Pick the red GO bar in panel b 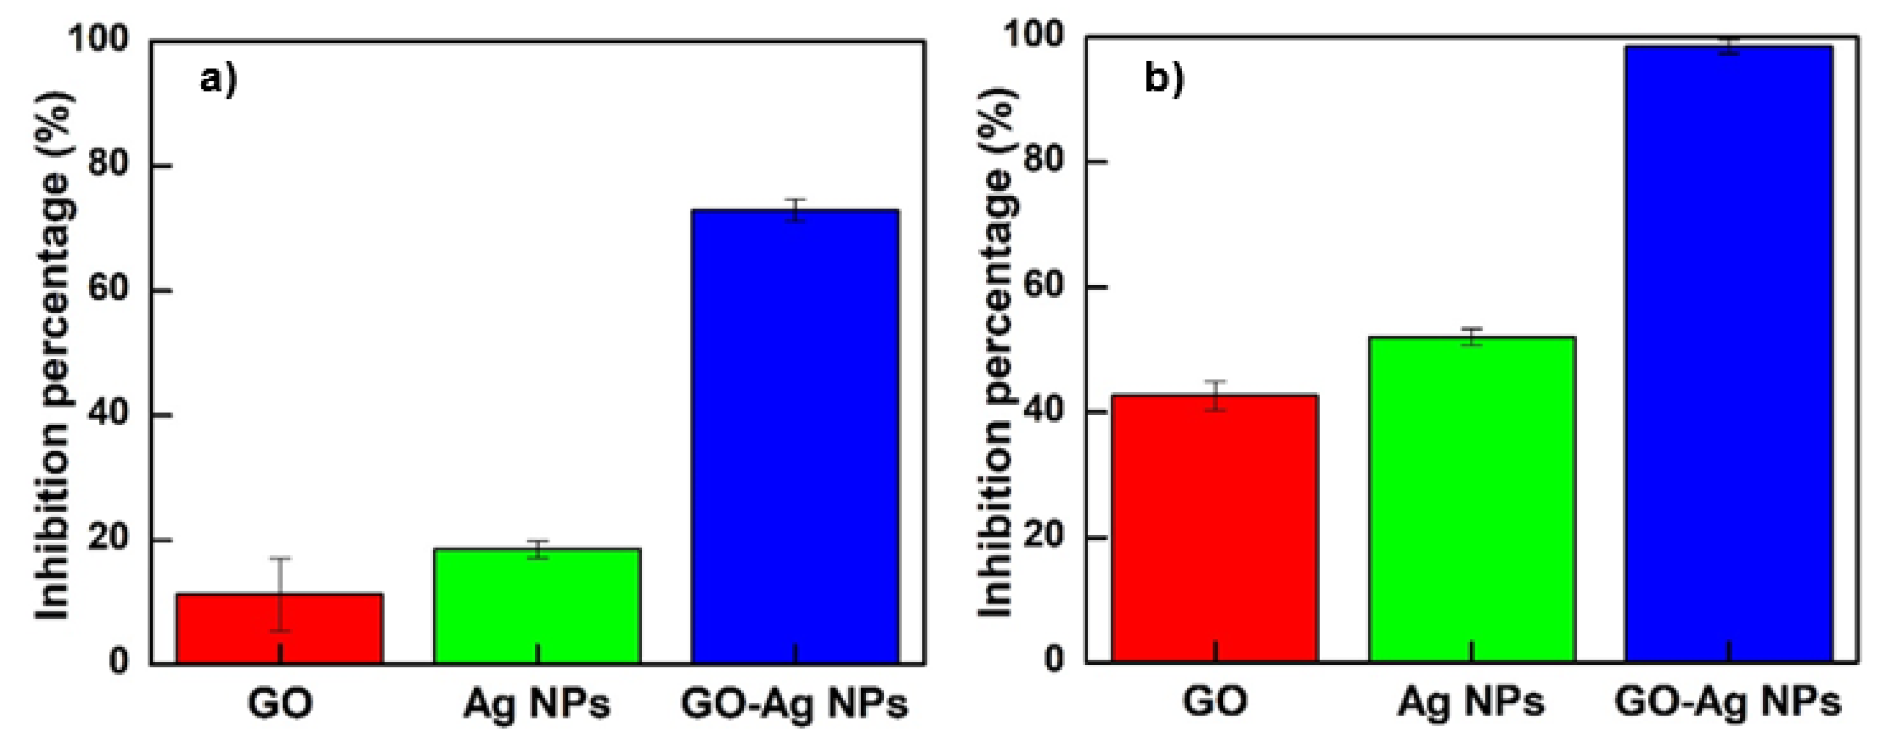click(x=1215, y=529)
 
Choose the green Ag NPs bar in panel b click(x=1472, y=499)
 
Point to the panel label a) click(x=219, y=79)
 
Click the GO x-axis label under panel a click(x=280, y=703)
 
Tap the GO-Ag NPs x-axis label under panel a click(x=795, y=703)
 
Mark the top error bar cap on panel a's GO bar click(x=280, y=559)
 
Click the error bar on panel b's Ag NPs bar click(x=1472, y=336)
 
